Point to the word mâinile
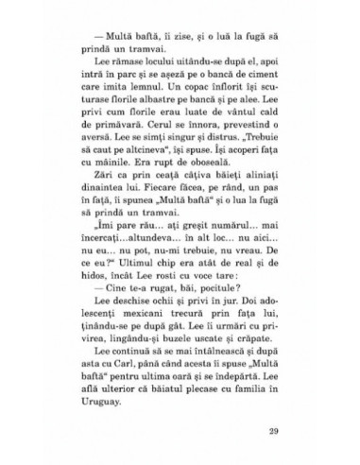point(129,174)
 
